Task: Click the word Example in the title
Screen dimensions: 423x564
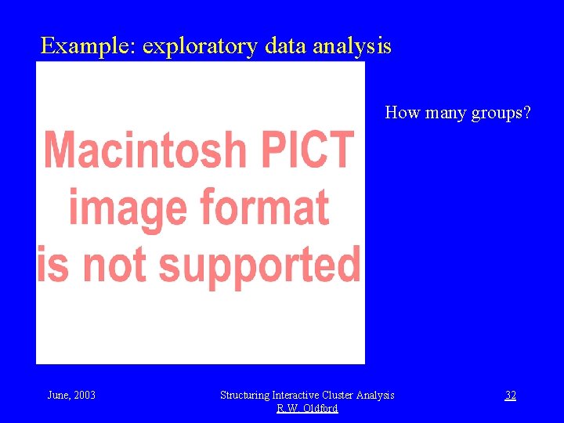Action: tap(88, 46)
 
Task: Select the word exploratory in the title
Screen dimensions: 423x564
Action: tap(200, 47)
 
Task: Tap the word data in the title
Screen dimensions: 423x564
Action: tap(286, 46)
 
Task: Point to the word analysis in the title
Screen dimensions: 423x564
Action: tap(352, 47)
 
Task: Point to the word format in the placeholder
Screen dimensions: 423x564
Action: tap(265, 208)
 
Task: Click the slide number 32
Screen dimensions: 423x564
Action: tap(510, 396)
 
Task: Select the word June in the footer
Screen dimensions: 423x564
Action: tap(58, 396)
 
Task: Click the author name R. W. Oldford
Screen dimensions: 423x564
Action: tap(307, 409)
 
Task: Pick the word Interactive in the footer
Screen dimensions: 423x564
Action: tap(295, 396)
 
